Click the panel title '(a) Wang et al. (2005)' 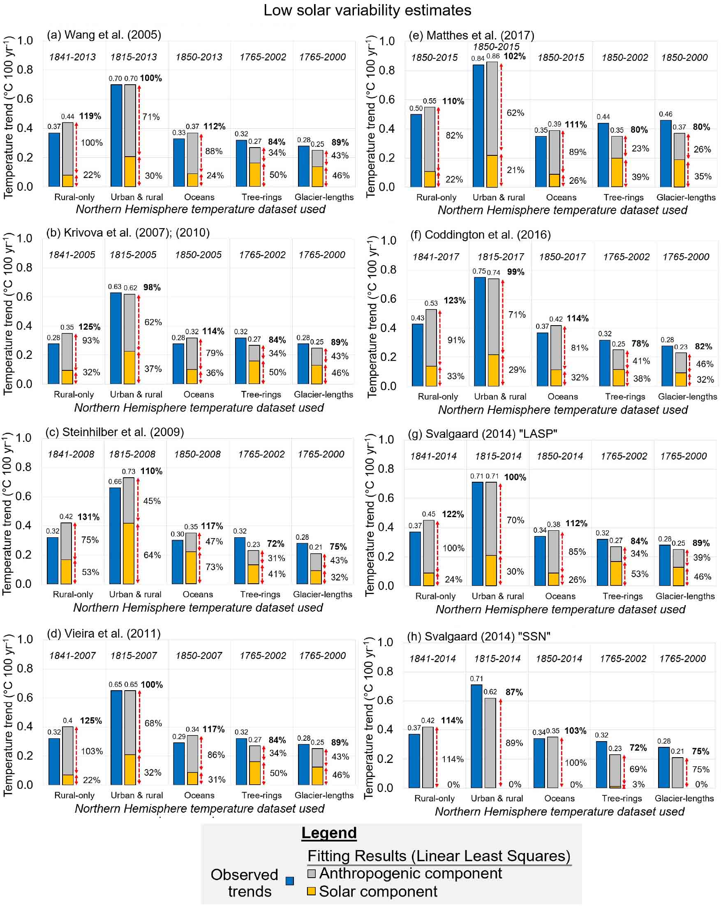point(104,35)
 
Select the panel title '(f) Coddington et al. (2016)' point(480,234)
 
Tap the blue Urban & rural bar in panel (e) point(478,126)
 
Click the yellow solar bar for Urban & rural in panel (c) point(129,553)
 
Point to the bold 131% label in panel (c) point(89,516)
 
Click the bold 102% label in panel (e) point(514,56)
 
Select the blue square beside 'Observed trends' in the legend point(289,881)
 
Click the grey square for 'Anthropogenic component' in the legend point(311,873)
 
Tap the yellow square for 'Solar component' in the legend point(311,891)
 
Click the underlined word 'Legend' point(329,833)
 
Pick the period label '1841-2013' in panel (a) point(72,57)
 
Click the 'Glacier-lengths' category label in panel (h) point(684,798)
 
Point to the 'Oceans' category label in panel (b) point(199,395)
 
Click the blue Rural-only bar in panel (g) point(415,559)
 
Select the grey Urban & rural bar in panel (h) point(490,743)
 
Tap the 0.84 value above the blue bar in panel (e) point(478,58)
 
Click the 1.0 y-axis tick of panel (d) point(24,639)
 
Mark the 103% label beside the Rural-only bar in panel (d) point(92,751)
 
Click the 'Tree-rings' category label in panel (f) point(625,397)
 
